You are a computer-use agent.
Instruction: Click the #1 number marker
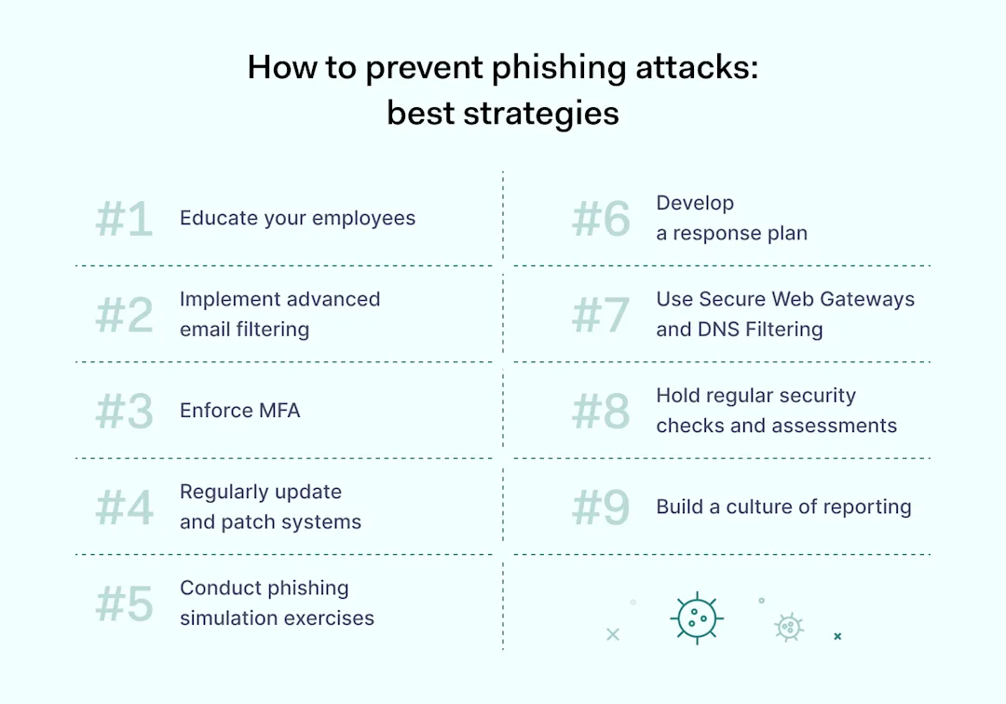tap(124, 220)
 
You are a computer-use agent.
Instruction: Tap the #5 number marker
tap(124, 603)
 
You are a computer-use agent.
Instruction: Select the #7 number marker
tap(601, 315)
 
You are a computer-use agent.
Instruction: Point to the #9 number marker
tap(601, 508)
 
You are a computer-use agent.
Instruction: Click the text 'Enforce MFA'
tap(239, 411)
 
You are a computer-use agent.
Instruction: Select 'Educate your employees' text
tap(297, 218)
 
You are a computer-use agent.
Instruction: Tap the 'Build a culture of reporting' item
tap(783, 507)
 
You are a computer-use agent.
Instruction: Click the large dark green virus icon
tap(696, 617)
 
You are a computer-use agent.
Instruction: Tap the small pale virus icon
tap(789, 627)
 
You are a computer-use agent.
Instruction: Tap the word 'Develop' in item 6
tap(695, 203)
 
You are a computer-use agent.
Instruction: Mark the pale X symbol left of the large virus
tap(612, 634)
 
